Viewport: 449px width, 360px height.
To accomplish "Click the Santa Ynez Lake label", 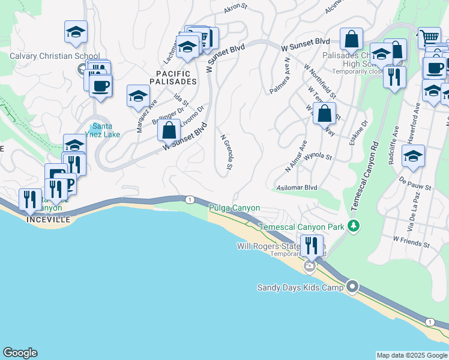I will pyautogui.click(x=106, y=130).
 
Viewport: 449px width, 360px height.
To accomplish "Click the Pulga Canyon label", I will pyautogui.click(x=234, y=208).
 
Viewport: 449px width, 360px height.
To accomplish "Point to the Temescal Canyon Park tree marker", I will pyautogui.click(x=354, y=226).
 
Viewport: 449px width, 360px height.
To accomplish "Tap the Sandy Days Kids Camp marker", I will pyautogui.click(x=352, y=287).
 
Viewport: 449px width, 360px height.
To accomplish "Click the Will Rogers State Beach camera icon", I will pyautogui.click(x=310, y=266).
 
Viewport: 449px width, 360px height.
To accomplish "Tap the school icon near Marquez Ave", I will pyautogui.click(x=138, y=95).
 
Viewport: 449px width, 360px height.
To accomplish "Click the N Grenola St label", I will pyautogui.click(x=226, y=154).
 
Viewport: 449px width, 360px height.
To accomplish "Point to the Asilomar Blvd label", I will pyautogui.click(x=295, y=187).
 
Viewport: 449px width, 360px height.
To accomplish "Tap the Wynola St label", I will pyautogui.click(x=318, y=157).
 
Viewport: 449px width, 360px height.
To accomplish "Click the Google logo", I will pyautogui.click(x=20, y=353).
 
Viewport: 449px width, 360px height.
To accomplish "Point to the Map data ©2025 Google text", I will pyautogui.click(x=412, y=355).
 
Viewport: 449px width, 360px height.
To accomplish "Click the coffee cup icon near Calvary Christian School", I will pyautogui.click(x=100, y=86).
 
